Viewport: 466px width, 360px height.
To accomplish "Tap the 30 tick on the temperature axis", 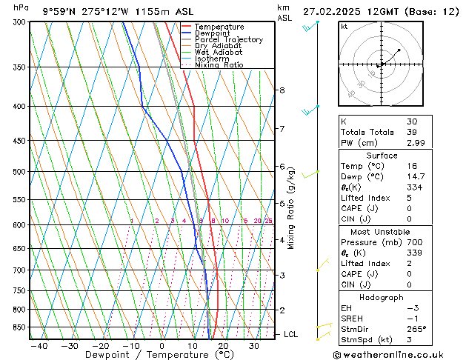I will point(253,345).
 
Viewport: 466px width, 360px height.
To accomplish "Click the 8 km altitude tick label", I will point(282,90).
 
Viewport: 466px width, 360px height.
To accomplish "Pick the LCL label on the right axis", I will point(291,335).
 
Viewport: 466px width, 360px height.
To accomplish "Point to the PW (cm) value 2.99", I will point(416,143).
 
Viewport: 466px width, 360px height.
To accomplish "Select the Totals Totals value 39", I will point(413,132).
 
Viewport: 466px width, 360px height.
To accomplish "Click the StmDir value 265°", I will point(417,329).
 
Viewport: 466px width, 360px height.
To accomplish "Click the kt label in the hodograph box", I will point(344,27).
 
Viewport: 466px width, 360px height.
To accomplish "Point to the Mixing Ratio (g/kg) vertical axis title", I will point(291,208).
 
